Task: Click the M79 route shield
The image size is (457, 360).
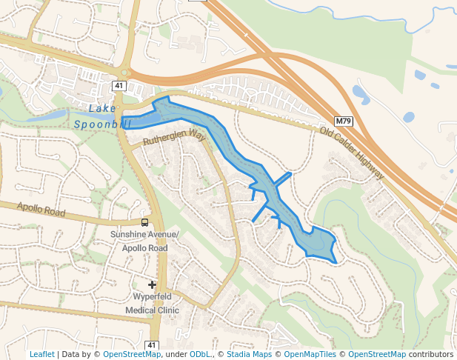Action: [x=342, y=121]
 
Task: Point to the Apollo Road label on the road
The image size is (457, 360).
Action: [x=41, y=210]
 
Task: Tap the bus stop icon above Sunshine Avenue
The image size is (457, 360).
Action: [x=144, y=221]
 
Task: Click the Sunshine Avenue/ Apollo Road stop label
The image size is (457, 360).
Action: [x=144, y=241]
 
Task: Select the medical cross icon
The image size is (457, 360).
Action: [x=152, y=284]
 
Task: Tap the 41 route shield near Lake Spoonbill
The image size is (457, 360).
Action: [x=119, y=86]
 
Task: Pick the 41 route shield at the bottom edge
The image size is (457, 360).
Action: [x=152, y=345]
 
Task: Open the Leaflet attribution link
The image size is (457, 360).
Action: [x=41, y=354]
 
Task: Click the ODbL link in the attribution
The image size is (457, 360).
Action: [x=200, y=354]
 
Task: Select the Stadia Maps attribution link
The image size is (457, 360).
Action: [x=249, y=354]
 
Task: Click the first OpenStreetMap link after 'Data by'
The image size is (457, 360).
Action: [x=132, y=354]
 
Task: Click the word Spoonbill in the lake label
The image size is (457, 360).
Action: [x=101, y=124]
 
